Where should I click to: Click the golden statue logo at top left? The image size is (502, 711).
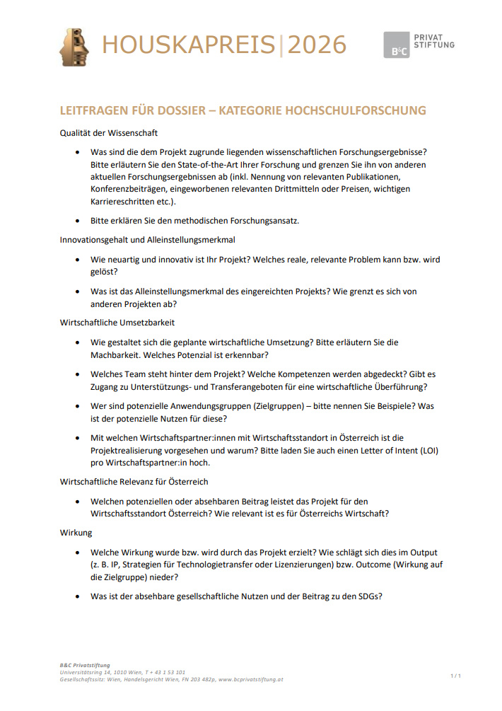[74, 47]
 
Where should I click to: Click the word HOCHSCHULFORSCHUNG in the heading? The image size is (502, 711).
[358, 110]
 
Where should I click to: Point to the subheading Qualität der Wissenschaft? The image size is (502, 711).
[108, 132]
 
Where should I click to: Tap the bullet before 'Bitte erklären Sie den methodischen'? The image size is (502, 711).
[77, 221]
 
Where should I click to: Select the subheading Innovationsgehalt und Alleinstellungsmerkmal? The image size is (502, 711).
[148, 240]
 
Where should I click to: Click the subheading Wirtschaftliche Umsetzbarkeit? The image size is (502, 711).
[117, 323]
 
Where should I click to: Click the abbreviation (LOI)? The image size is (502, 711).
[426, 450]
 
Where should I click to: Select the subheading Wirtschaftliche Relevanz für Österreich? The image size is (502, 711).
[134, 482]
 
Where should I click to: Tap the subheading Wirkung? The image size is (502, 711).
[76, 533]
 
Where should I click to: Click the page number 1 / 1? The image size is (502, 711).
[455, 676]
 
